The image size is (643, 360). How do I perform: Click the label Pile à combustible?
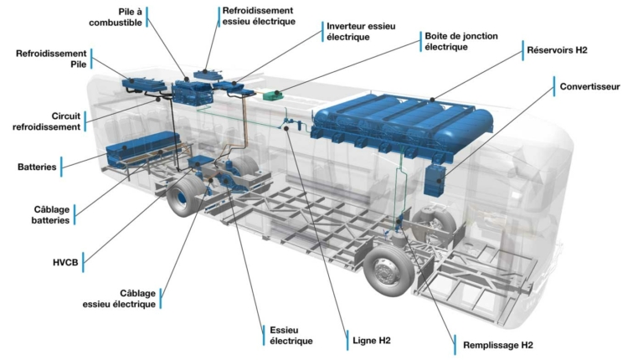coord(116,18)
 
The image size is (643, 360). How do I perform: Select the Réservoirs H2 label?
coord(557,50)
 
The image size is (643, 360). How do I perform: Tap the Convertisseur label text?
coord(589,86)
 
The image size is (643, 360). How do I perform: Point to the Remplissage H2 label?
coord(498,345)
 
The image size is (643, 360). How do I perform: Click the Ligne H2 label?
coord(372,340)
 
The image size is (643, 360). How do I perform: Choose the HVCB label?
coord(65,262)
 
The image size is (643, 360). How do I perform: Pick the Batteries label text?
coord(37,167)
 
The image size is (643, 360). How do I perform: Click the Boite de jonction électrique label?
coord(461,41)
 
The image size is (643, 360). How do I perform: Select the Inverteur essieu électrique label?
coord(361,32)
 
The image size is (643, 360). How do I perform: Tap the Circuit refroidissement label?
coord(46,121)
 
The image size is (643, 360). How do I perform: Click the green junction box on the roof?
coord(273,95)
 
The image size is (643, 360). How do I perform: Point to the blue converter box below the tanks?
coord(435,179)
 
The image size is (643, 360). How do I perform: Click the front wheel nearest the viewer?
coord(388,270)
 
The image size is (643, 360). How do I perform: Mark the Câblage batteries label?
coord(51,215)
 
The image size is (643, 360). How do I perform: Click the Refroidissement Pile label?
coord(51,59)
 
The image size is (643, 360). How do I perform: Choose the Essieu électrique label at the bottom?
coord(291,336)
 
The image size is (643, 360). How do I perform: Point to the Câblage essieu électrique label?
coord(119,299)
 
